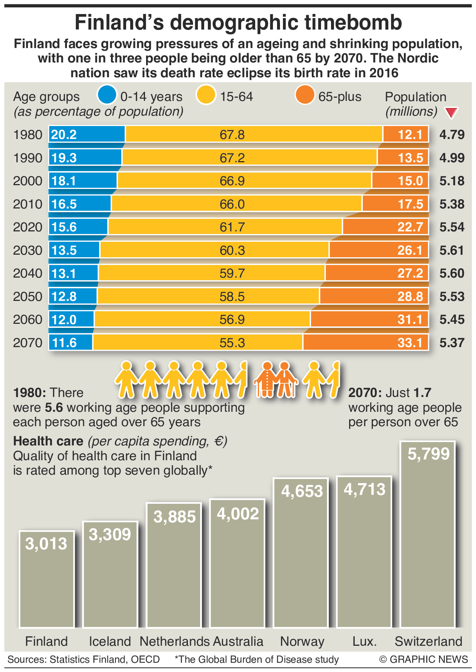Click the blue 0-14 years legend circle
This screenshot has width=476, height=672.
tap(107, 95)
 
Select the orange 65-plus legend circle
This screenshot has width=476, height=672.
tap(305, 95)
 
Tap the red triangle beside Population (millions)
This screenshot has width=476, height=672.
tap(452, 113)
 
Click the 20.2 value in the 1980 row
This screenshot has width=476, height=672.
tap(64, 135)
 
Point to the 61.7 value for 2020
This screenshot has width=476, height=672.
tap(232, 227)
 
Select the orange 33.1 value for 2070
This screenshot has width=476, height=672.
tap(410, 343)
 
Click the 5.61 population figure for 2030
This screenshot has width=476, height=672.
tap(452, 251)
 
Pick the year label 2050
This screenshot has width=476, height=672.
tap(28, 297)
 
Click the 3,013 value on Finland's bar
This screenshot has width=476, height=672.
tap(47, 544)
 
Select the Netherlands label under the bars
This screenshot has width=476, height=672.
tap(175, 641)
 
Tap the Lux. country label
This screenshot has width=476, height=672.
tap(365, 641)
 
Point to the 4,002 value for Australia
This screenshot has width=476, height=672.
tap(238, 514)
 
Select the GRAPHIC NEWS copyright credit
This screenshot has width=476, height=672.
tap(423, 659)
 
